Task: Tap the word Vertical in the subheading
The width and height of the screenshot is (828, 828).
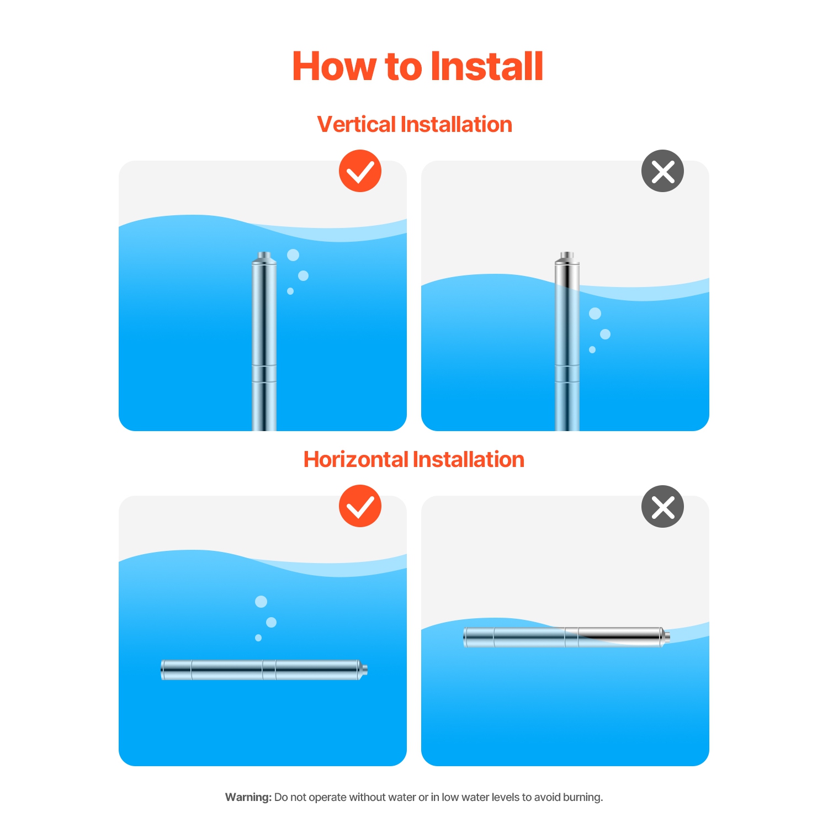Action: pos(357,124)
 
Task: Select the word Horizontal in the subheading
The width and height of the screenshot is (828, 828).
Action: pos(355,459)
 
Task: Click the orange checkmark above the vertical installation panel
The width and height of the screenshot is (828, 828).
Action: pos(360,171)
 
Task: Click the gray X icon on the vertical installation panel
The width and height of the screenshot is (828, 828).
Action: pos(662,171)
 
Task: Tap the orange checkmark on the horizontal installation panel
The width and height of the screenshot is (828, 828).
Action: pos(360,506)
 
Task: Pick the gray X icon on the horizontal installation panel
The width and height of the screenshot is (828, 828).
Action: pos(662,506)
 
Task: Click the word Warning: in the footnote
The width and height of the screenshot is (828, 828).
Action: pos(248,797)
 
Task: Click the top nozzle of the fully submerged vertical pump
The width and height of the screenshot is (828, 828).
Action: pos(264,256)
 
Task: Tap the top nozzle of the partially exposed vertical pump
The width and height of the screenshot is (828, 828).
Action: pos(567,256)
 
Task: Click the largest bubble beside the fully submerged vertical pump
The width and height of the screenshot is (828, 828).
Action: pos(293,254)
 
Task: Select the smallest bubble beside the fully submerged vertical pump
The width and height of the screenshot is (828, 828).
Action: pos(290,291)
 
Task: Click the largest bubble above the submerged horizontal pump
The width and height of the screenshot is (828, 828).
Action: pos(261,601)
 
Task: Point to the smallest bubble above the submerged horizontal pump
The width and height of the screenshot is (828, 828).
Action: pos(258,638)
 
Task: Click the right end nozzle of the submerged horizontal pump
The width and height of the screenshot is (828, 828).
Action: pos(364,670)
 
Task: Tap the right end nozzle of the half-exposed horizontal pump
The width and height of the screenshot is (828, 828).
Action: pos(666,637)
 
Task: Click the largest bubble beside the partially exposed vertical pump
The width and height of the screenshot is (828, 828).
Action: pos(595,314)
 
